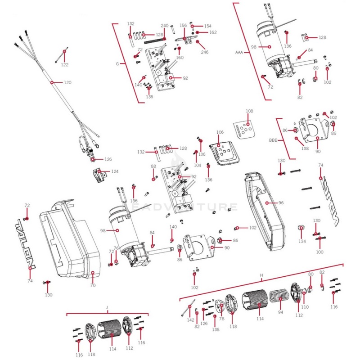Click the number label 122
tap(65, 65)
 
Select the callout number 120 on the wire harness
tap(67, 83)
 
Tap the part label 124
tap(115, 171)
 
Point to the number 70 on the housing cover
tap(93, 285)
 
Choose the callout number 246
tap(205, 52)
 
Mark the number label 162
tap(213, 32)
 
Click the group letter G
tap(117, 64)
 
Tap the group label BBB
tap(273, 140)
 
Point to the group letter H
tap(261, 274)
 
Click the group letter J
tap(107, 307)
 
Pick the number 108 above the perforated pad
tap(249, 111)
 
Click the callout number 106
tap(220, 132)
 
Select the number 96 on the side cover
tap(281, 203)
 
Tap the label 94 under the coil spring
tap(281, 311)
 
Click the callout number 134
tap(302, 241)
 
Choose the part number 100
tap(319, 252)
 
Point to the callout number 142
tap(191, 320)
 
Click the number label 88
tap(153, 166)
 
